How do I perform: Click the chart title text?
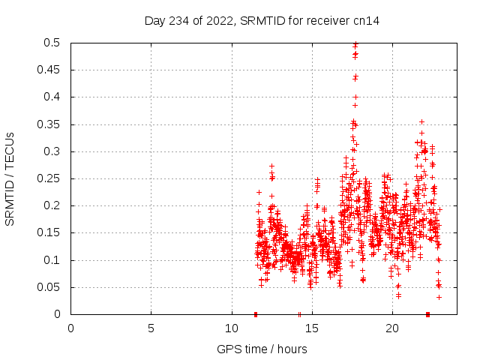pyautogui.click(x=262, y=20)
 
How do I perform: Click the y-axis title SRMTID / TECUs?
pyautogui.click(x=10, y=179)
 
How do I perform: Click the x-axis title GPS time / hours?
pyautogui.click(x=262, y=349)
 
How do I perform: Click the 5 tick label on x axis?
pyautogui.click(x=151, y=328)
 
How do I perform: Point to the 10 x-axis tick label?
pyautogui.click(x=231, y=328)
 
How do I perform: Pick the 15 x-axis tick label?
pyautogui.click(x=311, y=328)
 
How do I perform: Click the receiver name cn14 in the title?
pyautogui.click(x=367, y=20)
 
